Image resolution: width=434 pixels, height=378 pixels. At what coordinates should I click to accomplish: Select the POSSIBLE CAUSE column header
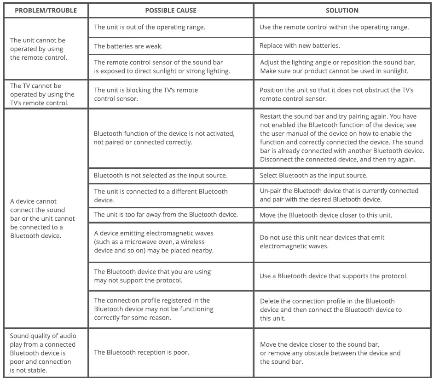tap(170, 10)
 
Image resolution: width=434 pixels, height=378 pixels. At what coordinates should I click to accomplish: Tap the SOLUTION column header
tap(342, 10)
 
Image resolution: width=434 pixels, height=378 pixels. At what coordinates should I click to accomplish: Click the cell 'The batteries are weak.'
tap(128, 46)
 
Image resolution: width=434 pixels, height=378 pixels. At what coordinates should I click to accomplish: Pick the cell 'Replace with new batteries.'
tap(300, 46)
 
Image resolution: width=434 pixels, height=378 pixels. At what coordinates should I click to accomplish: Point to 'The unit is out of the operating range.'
tap(150, 27)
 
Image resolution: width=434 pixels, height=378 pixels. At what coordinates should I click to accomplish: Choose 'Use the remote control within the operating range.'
tap(334, 27)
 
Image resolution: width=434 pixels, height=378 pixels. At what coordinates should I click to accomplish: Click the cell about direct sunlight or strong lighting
tap(162, 67)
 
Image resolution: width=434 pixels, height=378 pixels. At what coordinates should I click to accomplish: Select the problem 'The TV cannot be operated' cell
tap(42, 94)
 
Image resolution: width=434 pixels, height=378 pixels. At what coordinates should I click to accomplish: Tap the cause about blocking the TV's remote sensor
tap(146, 94)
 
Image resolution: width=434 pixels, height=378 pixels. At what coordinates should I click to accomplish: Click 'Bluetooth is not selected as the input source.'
tap(161, 175)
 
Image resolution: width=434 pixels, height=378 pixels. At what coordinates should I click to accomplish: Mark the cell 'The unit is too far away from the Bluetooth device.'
tap(166, 214)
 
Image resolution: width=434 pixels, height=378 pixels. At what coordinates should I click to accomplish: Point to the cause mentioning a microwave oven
tap(154, 242)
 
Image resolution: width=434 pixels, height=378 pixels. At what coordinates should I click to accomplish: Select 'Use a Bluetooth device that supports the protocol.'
tap(333, 276)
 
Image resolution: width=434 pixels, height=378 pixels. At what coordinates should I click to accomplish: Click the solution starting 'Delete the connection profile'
tap(330, 309)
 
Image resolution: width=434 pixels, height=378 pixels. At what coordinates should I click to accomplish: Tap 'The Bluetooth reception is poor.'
tap(141, 352)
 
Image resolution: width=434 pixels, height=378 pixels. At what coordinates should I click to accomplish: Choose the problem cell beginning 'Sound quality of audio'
tap(43, 353)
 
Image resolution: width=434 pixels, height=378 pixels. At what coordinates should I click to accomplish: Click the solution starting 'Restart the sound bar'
tap(341, 138)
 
